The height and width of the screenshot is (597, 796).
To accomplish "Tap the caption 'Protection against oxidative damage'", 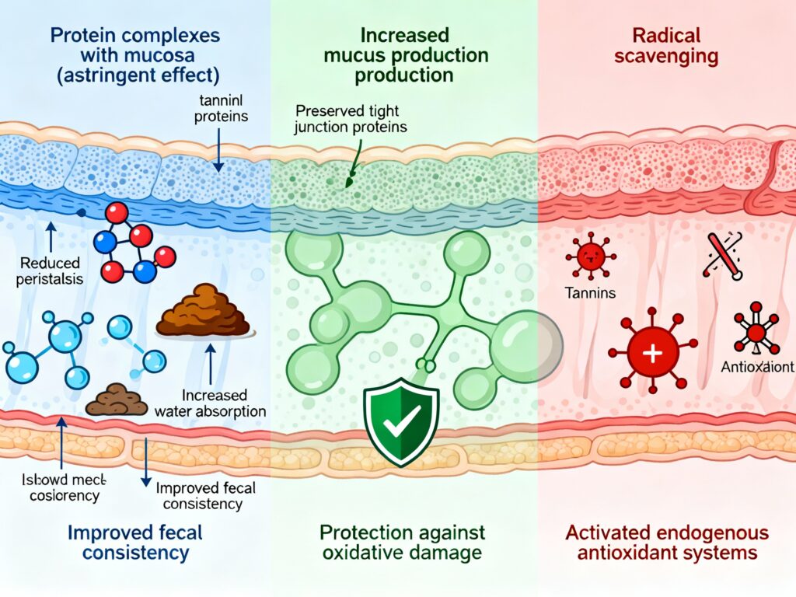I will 402,543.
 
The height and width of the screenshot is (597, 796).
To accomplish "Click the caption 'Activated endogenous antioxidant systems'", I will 665,543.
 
